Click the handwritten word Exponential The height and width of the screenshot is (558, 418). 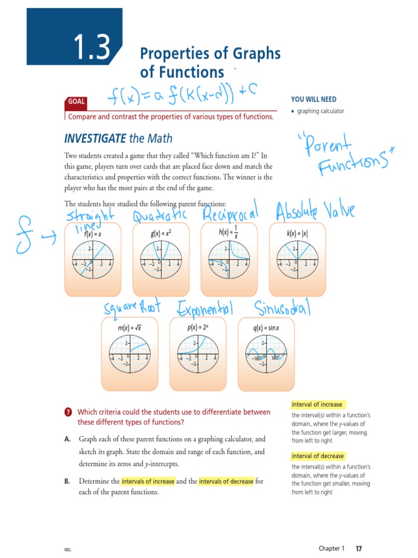pos(205,309)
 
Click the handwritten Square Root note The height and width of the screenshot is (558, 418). pos(134,309)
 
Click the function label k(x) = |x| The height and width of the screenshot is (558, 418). pos(297,233)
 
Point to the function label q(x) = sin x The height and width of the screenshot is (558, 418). pos(266,329)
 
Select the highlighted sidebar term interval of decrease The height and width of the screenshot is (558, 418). pos(317,456)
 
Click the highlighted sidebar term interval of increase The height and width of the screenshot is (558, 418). pos(317,404)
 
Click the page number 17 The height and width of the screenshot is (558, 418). pos(359,548)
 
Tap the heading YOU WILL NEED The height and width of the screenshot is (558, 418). pos(313,99)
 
